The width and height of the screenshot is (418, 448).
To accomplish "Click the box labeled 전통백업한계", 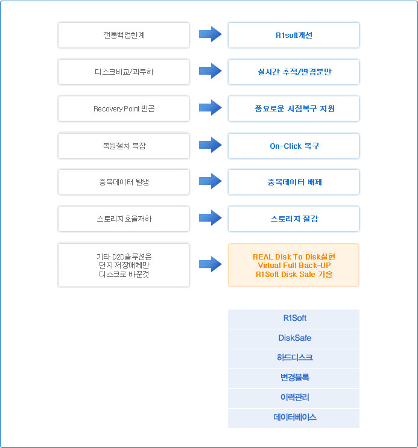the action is [x=124, y=35].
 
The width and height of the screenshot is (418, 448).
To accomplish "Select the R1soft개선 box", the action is [x=294, y=35].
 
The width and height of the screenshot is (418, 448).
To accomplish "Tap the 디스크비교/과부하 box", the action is [x=124, y=72].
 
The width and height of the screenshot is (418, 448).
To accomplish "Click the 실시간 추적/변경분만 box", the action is [x=294, y=72].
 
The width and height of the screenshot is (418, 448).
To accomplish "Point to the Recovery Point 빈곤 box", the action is [x=124, y=108].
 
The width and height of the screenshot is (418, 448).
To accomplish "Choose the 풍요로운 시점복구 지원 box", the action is [x=294, y=108].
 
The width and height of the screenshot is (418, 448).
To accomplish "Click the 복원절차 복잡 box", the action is [x=124, y=146].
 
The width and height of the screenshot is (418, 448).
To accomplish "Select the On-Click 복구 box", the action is [x=294, y=146].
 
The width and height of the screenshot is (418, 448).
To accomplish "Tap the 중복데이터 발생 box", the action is [x=124, y=182].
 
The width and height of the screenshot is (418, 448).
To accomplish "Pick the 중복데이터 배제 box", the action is [x=294, y=182].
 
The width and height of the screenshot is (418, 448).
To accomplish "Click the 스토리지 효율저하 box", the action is [x=124, y=219].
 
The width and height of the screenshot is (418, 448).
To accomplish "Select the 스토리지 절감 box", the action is [x=294, y=219].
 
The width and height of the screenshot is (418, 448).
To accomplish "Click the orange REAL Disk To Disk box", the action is [x=294, y=265].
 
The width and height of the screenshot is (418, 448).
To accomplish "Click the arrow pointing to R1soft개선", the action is [x=211, y=34].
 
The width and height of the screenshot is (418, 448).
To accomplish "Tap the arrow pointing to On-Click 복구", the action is [x=211, y=145].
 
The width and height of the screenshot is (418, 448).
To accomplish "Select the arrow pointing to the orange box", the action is [x=211, y=264].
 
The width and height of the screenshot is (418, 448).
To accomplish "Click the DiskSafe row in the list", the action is [x=294, y=338].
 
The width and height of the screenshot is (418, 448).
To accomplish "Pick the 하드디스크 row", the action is [x=294, y=358].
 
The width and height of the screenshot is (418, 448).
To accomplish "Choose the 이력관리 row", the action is [x=294, y=398].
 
